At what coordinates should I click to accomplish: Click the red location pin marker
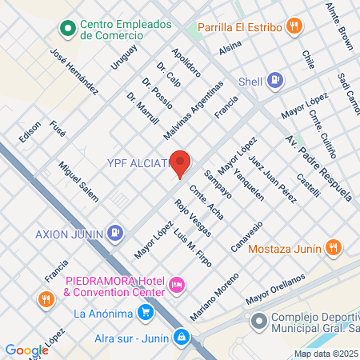[181, 162]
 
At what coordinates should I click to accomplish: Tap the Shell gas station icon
[276, 79]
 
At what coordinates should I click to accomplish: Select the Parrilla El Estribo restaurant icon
[295, 25]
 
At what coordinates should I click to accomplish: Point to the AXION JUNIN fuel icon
[116, 234]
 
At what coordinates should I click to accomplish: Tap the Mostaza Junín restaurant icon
[335, 249]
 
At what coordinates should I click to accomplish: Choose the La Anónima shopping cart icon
[145, 313]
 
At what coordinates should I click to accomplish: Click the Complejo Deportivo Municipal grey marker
[258, 322]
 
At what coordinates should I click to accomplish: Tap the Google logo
[26, 350]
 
